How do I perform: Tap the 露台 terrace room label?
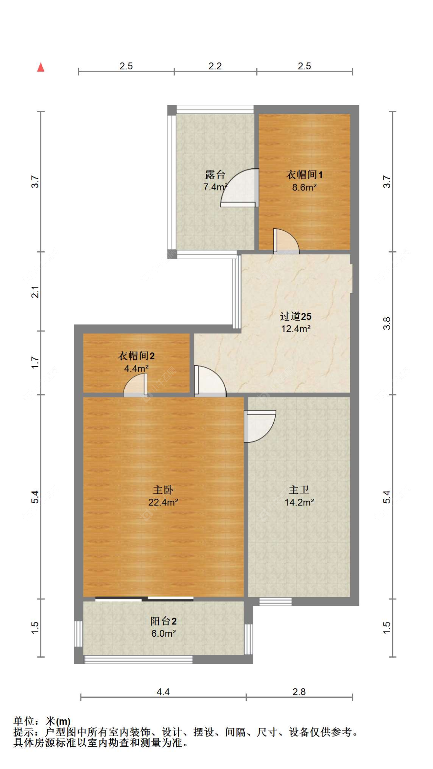pyautogui.click(x=215, y=175)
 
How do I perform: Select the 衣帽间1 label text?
pyautogui.click(x=304, y=175)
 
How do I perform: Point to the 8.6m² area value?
pyautogui.click(x=304, y=187)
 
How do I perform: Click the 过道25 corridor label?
pyautogui.click(x=296, y=316)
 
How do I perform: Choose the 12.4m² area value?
pyautogui.click(x=296, y=329)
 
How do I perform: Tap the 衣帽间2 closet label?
pyautogui.click(x=136, y=356)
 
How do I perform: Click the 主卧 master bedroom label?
pyautogui.click(x=163, y=490)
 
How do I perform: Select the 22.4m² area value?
pyautogui.click(x=163, y=502)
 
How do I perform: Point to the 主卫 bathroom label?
pyautogui.click(x=299, y=490)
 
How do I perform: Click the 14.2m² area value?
pyautogui.click(x=299, y=502)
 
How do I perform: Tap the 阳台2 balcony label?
pyautogui.click(x=163, y=621)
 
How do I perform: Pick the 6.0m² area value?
pyautogui.click(x=163, y=633)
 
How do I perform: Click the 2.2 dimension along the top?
pyautogui.click(x=215, y=66)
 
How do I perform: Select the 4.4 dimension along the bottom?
pyautogui.click(x=163, y=692)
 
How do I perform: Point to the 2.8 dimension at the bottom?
pyautogui.click(x=299, y=692)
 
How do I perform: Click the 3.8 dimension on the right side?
pyautogui.click(x=387, y=323)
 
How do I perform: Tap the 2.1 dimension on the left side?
pyautogui.click(x=35, y=291)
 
